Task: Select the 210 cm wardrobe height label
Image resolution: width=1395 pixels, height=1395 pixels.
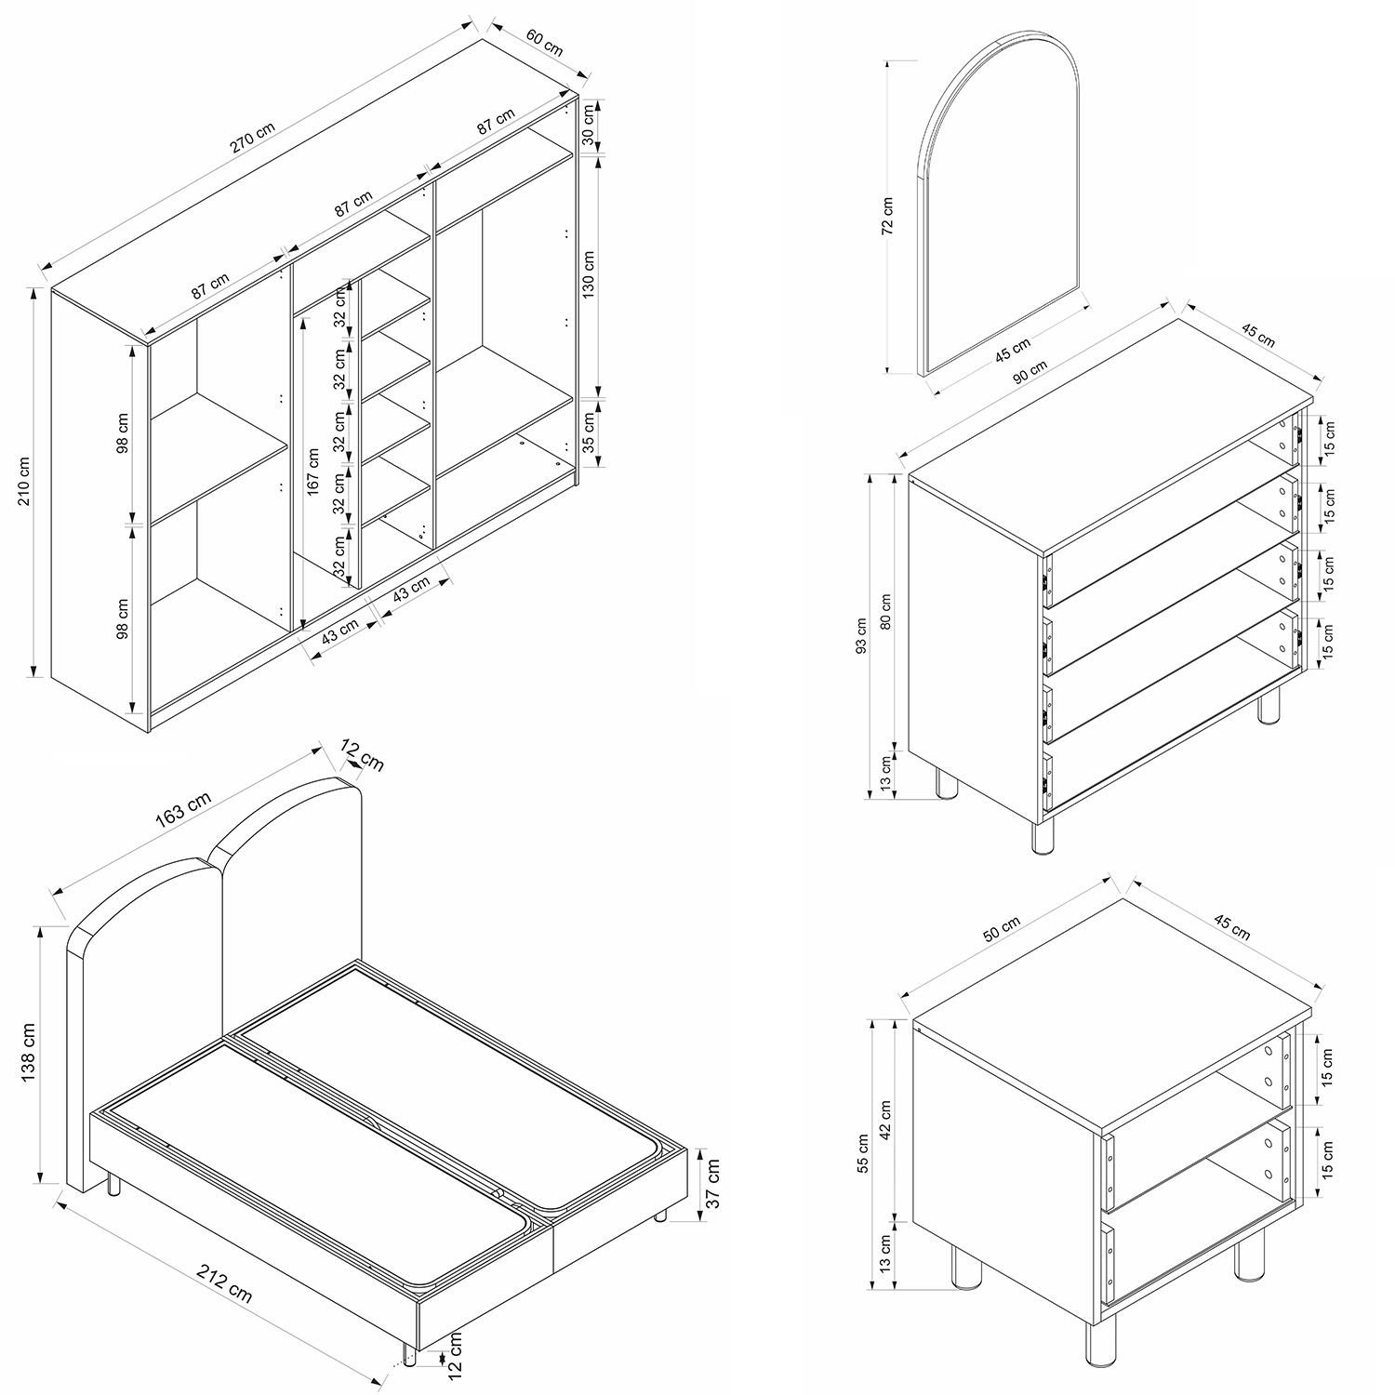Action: tap(24, 481)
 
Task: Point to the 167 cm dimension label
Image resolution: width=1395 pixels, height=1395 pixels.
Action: tap(313, 472)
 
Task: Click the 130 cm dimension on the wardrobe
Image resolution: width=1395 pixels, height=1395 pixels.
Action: tap(588, 274)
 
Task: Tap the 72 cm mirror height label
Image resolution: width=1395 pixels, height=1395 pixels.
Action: tap(887, 215)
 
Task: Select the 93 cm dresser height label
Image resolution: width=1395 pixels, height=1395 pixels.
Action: tap(861, 636)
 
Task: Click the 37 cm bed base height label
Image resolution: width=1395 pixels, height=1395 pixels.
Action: tap(713, 1181)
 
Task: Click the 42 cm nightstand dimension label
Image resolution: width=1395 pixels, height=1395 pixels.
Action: tap(885, 1120)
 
